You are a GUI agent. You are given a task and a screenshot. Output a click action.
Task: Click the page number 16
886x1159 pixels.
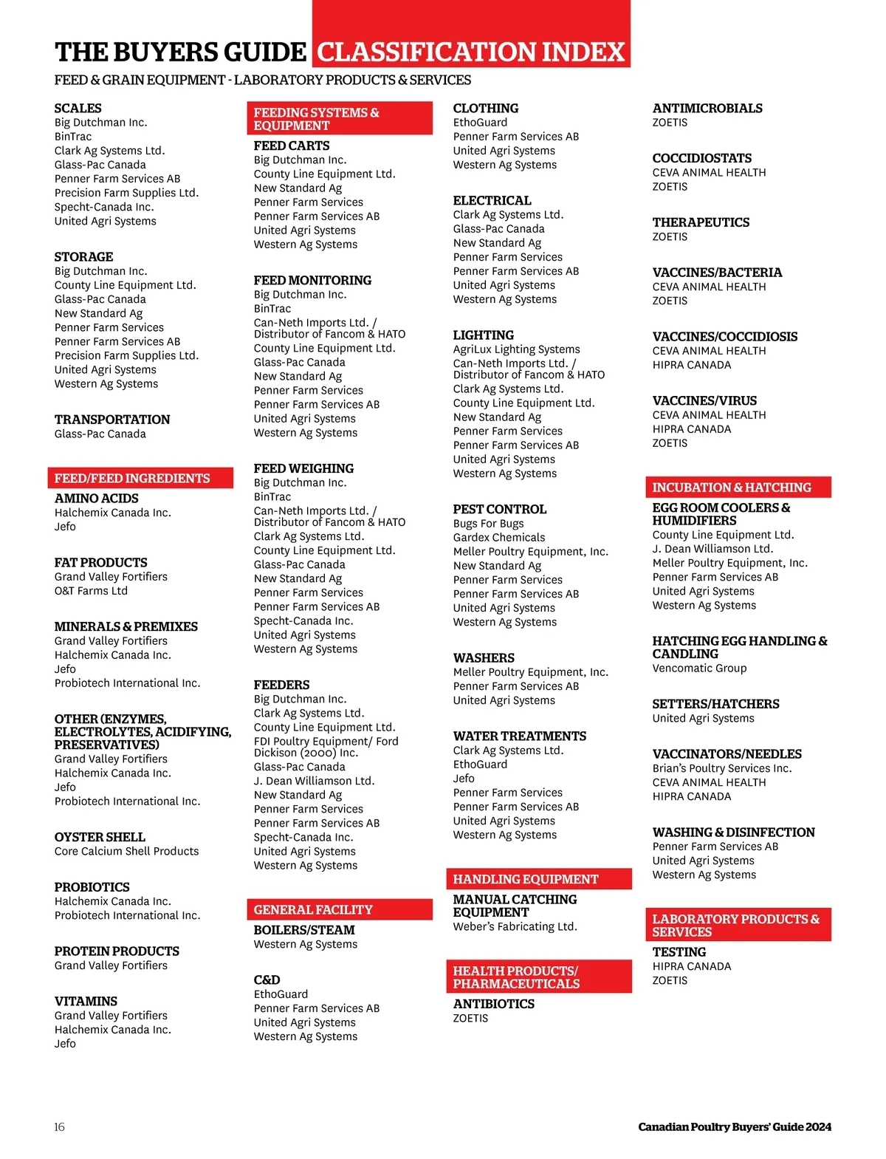59,1126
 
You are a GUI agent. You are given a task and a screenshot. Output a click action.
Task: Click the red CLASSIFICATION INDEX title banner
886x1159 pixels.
471,52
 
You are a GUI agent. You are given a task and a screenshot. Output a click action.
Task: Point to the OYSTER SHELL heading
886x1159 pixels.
100,837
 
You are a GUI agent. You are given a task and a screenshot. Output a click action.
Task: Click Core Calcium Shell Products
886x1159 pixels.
126,851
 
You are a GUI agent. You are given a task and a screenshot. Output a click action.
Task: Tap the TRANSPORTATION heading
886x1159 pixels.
112,420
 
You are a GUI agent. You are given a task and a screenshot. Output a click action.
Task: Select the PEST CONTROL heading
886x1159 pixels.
500,509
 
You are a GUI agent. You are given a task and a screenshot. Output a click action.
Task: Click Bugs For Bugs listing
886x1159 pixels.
488,523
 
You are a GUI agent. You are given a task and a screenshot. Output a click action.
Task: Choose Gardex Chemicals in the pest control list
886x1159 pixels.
499,537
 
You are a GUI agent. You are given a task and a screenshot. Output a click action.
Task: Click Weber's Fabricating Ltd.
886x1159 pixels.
515,926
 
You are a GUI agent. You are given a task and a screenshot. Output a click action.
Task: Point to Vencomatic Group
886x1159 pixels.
699,668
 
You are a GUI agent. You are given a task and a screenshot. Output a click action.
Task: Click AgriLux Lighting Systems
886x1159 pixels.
516,349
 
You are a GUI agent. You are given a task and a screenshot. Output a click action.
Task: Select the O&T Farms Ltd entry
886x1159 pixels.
91,590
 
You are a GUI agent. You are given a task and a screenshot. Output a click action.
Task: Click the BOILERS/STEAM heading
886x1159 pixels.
304,930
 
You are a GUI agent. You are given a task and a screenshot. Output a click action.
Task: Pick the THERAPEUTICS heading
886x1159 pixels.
701,222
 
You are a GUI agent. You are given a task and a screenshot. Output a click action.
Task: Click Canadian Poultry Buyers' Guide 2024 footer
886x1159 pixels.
735,1126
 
